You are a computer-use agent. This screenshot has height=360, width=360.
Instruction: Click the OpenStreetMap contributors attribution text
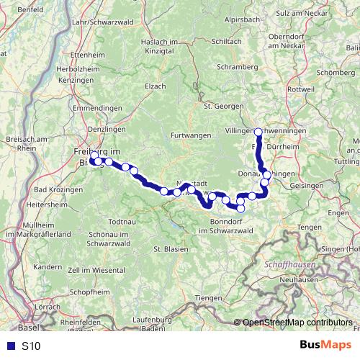(x=297, y=323)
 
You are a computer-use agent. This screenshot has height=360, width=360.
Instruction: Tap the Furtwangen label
(x=191, y=135)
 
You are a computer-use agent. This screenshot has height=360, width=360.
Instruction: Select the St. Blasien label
(x=171, y=248)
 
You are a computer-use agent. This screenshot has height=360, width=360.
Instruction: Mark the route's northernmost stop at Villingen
(x=258, y=131)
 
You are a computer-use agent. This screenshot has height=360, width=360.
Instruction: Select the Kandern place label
(x=48, y=266)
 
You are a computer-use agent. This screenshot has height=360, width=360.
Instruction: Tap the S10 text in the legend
(x=31, y=346)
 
